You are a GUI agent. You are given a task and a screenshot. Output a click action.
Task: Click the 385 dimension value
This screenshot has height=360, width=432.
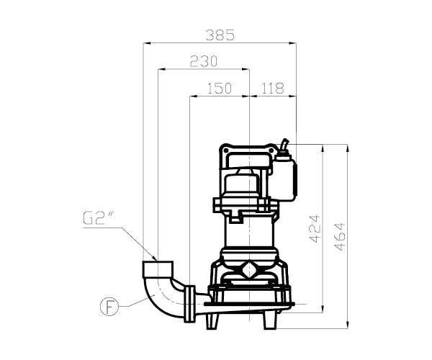tap(220, 35)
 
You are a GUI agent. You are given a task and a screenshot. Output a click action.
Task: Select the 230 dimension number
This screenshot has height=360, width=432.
tap(204, 61)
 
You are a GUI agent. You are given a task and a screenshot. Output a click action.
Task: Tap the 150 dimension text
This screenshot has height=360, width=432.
tap(220, 88)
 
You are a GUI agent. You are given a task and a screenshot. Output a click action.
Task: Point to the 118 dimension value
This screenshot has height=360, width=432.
tap(272, 88)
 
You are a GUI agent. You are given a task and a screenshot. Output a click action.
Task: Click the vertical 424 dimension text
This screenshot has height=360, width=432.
tap(315, 229)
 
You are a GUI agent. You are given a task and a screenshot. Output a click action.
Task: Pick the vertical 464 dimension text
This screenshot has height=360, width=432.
tap(340, 237)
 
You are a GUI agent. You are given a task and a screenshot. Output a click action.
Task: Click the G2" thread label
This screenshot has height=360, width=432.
tap(94, 218)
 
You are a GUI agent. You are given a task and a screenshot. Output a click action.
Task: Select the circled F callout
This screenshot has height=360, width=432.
tap(109, 306)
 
